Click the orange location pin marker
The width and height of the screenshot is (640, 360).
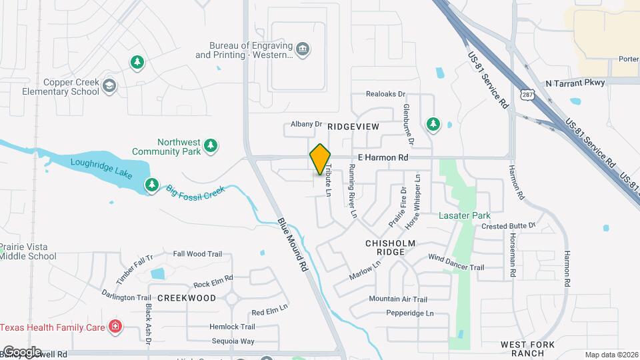click(320, 159)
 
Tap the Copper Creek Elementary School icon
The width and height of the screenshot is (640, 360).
click(109, 86)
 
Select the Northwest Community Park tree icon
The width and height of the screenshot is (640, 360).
click(211, 145)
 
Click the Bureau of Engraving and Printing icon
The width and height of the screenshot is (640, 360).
click(303, 49)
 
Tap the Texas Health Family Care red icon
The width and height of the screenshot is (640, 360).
click(115, 327)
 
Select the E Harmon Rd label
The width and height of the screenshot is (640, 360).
click(383, 157)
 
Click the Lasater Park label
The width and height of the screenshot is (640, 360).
click(464, 215)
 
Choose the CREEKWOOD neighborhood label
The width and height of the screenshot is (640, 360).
click(187, 297)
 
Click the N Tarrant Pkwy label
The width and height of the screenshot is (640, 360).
click(575, 83)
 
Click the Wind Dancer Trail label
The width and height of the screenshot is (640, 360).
click(455, 262)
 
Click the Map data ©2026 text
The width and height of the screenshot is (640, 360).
click(611, 355)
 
